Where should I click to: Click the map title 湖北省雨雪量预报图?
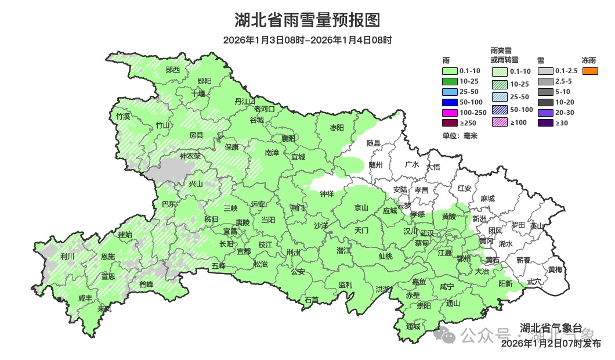[x=307, y=20]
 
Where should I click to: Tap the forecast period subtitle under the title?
[x=307, y=40]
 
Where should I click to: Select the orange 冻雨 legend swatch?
[x=590, y=71]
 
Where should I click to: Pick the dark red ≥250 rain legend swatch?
[x=450, y=123]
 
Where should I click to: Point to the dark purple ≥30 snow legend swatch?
[x=545, y=123]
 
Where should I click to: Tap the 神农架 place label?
[x=190, y=156]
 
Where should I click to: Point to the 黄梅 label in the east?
[x=555, y=269]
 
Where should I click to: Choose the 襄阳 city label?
[x=288, y=138]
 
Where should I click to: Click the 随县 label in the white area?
[x=373, y=143]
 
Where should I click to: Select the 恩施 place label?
[x=107, y=256]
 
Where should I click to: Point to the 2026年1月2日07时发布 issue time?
[x=551, y=343]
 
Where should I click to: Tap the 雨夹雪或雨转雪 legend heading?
[x=504, y=55]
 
